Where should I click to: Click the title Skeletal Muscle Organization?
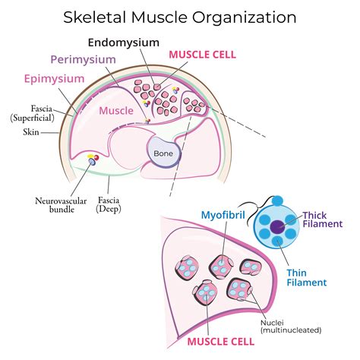tap(179, 15)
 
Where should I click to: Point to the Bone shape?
tap(163, 153)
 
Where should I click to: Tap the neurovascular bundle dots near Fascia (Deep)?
tap(94, 159)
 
